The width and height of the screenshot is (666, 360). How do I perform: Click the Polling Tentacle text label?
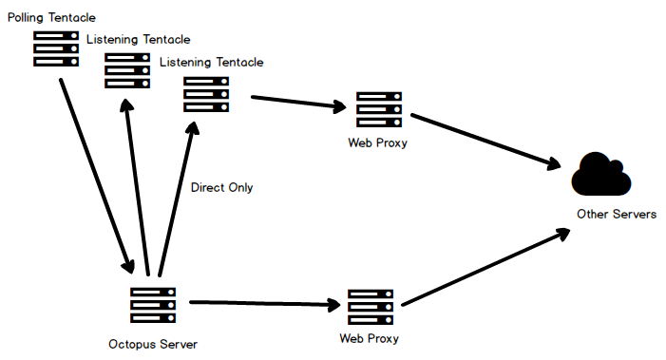coord(51,17)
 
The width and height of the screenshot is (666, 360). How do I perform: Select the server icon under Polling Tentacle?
coord(56,48)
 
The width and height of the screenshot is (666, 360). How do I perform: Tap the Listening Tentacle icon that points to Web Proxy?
coord(206,94)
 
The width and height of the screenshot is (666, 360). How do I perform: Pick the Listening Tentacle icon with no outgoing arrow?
coord(127,70)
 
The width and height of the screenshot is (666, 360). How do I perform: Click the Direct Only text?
coord(221,187)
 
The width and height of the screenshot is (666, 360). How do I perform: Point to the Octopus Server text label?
coord(153,343)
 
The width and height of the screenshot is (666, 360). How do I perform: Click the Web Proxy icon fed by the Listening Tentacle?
coord(378,109)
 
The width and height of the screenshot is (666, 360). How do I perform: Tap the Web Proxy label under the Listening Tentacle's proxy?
coord(378,142)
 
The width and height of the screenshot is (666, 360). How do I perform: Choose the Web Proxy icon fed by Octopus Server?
coord(371,307)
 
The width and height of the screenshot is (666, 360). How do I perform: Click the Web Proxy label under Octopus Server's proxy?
coord(370,338)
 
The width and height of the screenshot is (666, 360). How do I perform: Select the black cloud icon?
coord(601,175)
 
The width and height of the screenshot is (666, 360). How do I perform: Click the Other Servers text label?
coord(617,215)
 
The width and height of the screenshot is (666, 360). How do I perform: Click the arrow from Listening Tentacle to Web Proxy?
coord(296,103)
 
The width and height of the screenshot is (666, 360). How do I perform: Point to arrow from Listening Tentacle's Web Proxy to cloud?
coord(485,141)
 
